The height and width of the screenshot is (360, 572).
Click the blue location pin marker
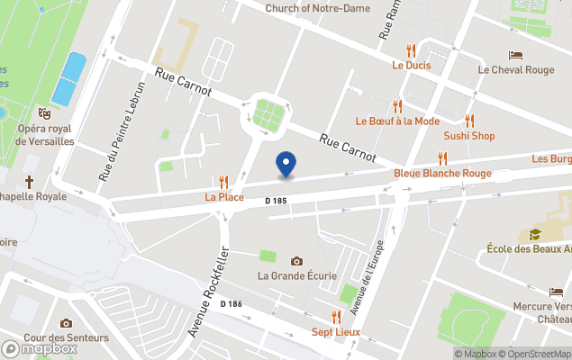click(x=286, y=164)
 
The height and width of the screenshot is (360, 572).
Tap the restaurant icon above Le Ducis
click(x=411, y=50)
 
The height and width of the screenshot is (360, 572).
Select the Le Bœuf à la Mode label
click(x=397, y=121)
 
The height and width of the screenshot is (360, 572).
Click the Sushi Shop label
click(x=468, y=136)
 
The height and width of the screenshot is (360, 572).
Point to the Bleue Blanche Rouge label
click(x=442, y=173)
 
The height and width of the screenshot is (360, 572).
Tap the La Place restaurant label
click(x=218, y=195)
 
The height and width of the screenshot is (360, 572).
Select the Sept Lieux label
click(x=335, y=332)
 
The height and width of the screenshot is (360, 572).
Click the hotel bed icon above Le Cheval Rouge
click(x=515, y=55)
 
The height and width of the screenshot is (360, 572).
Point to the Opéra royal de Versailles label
click(x=44, y=135)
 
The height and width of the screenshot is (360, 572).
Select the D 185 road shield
click(x=276, y=201)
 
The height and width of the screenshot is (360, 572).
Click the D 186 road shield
click(x=232, y=304)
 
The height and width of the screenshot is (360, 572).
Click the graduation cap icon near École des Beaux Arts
click(x=535, y=234)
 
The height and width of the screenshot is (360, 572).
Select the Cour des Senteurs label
click(x=66, y=338)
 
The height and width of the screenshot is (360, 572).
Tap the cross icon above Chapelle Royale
click(x=30, y=182)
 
